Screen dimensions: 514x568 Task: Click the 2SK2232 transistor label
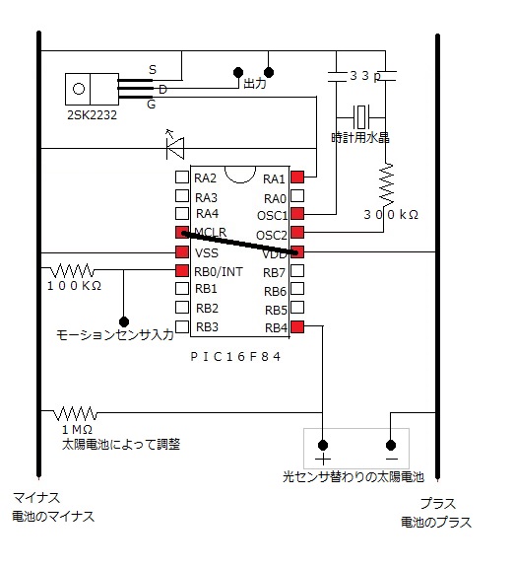(x=92, y=115)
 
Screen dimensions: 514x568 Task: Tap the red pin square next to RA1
(x=297, y=177)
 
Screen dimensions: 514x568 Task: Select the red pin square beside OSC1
(x=297, y=213)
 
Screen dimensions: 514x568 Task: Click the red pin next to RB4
(x=297, y=326)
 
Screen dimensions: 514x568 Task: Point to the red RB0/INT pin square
(x=182, y=270)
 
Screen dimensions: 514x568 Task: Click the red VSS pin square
(x=182, y=251)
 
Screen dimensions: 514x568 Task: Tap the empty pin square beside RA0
(x=297, y=195)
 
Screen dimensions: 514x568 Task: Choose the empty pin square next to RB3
(x=182, y=326)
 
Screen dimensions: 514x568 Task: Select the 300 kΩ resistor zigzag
(x=386, y=184)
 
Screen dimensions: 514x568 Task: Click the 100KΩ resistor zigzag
(x=72, y=270)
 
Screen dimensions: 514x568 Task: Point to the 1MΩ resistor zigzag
(x=76, y=413)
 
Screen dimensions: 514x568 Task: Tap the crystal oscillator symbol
(x=361, y=117)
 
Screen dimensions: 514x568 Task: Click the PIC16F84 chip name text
(x=235, y=357)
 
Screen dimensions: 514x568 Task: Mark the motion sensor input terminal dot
(x=124, y=321)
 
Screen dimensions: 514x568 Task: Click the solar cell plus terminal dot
(x=323, y=445)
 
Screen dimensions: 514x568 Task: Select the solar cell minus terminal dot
(x=391, y=445)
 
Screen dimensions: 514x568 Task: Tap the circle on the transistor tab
(x=79, y=89)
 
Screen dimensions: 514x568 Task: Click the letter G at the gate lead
(x=152, y=105)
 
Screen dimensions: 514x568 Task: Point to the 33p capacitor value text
(x=365, y=76)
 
